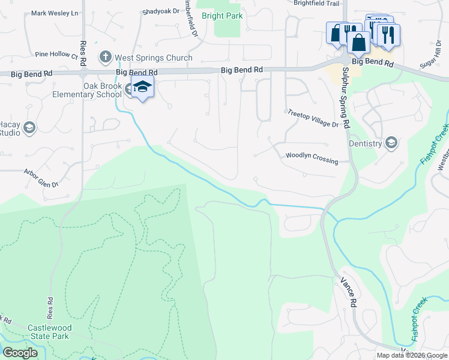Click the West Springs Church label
tap(154, 58)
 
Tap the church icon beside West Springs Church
tap(106, 58)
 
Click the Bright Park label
tap(223, 16)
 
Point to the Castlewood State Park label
tap(49, 332)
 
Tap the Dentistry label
tap(365, 143)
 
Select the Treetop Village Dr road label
tap(313, 118)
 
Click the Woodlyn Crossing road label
tap(312, 158)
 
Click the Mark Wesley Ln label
tap(55, 13)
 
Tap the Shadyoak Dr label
tap(161, 11)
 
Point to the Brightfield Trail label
tap(316, 3)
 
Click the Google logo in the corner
tap(20, 353)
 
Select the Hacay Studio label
tap(9, 128)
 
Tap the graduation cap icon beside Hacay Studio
tap(29, 127)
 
